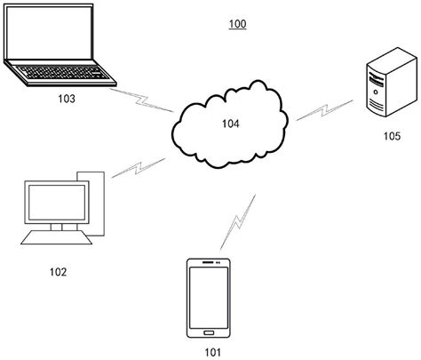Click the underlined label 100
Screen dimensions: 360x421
[237, 24]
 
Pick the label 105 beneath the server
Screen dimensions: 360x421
[392, 136]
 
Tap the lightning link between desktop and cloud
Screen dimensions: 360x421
[135, 168]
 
